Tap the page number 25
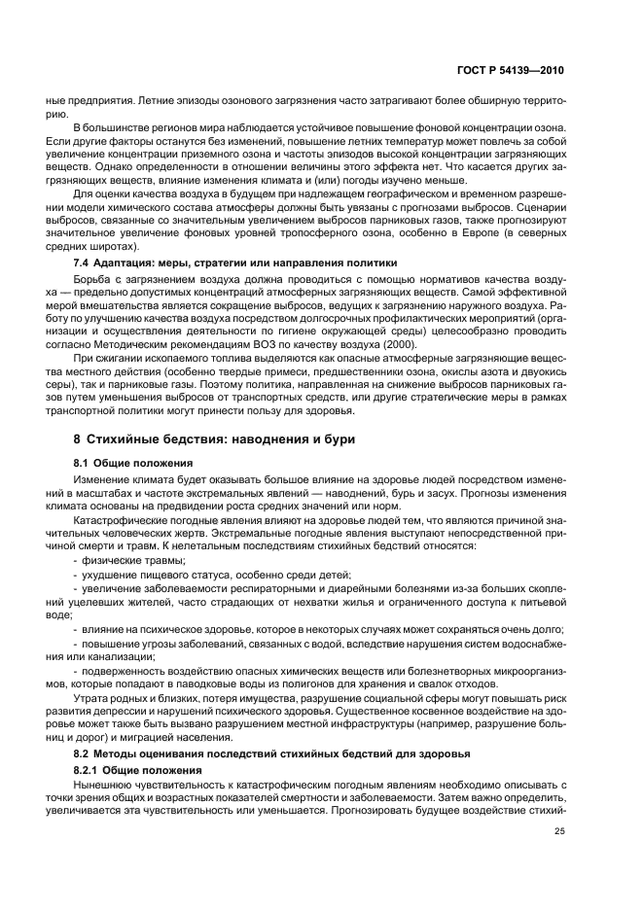click(559, 831)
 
